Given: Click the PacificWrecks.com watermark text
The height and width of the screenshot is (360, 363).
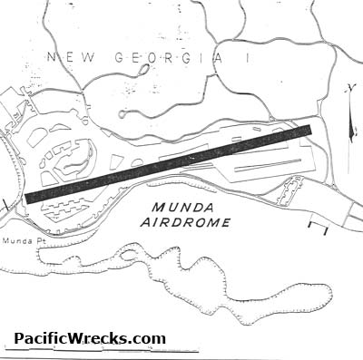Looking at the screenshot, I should click(x=90, y=339).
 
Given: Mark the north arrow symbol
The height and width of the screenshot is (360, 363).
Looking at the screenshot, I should click(x=349, y=109).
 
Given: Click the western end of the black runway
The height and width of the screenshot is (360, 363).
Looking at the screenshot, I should click(x=30, y=197).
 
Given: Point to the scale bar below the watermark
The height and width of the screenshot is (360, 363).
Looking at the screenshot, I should click(x=100, y=351).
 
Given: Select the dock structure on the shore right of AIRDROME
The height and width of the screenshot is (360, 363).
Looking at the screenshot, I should click(x=318, y=223).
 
